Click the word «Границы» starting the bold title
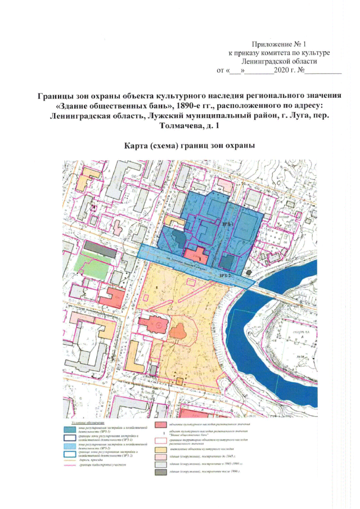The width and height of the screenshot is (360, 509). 56,96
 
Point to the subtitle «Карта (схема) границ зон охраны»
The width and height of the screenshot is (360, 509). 190,145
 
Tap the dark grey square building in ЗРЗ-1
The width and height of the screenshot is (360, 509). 227,263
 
